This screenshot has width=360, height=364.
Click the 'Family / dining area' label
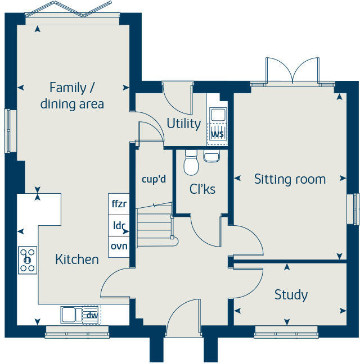72,96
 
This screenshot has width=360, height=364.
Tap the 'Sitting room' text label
290,179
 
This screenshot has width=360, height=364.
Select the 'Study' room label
291,294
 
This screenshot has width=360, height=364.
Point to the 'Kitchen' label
77,259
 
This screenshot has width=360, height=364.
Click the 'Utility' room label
184,123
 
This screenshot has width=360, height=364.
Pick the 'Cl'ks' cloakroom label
202,189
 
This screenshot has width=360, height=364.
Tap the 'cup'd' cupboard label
154,180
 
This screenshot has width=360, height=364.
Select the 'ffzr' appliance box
119,204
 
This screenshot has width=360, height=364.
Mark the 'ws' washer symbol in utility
217,134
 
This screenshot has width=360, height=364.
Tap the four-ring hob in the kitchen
28,260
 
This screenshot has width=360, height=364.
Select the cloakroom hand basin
211,156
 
